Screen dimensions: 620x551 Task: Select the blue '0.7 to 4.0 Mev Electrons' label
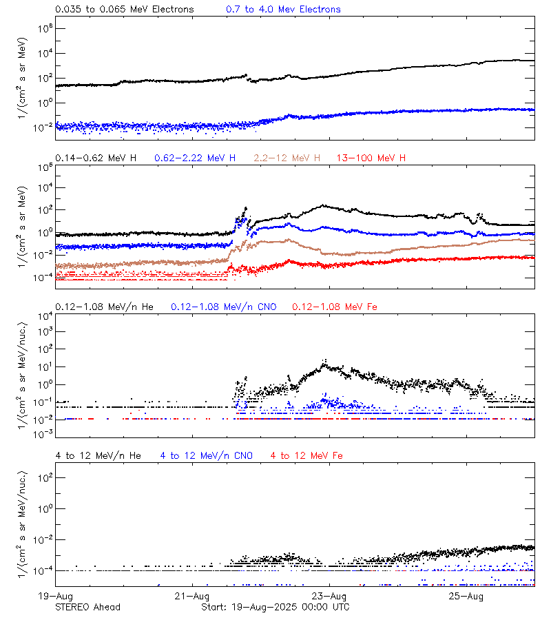click(x=283, y=9)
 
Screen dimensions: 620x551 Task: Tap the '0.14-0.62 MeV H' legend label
click(x=96, y=158)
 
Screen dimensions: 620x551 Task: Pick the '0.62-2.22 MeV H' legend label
click(x=195, y=158)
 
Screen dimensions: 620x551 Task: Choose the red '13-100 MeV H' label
click(x=371, y=158)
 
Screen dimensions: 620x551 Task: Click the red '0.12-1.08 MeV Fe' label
click(x=334, y=307)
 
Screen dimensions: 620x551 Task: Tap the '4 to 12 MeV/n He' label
click(x=98, y=455)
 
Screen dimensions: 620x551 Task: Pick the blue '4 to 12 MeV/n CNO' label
click(x=206, y=455)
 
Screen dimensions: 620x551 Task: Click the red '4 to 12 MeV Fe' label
click(x=306, y=455)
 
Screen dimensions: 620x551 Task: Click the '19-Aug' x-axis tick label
click(x=55, y=596)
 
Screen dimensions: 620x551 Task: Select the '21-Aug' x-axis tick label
click(x=192, y=596)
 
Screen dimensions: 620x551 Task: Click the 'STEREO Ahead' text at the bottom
click(x=87, y=607)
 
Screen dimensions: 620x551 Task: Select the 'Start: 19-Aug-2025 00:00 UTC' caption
click(x=275, y=607)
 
